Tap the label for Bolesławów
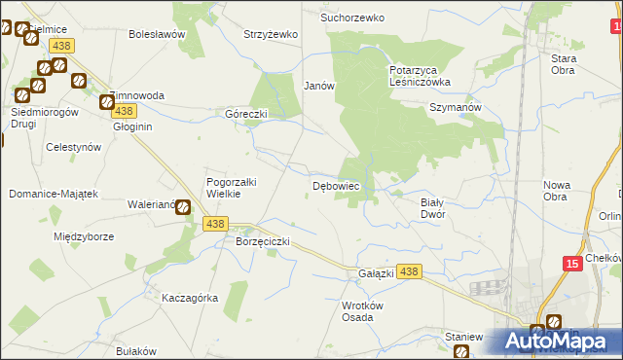[x=157, y=34]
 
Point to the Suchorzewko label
[x=353, y=18]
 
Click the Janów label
[x=319, y=86]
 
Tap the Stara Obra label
[x=564, y=64]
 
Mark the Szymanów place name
[x=456, y=108]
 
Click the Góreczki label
[x=246, y=113]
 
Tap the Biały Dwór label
[x=431, y=207]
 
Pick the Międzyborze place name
[x=85, y=236]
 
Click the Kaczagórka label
[x=190, y=297]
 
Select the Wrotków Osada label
[x=357, y=310]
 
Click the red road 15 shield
[x=572, y=263]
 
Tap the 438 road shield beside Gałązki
[x=410, y=272]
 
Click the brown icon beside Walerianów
[x=183, y=205]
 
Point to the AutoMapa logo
[x=555, y=341]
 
